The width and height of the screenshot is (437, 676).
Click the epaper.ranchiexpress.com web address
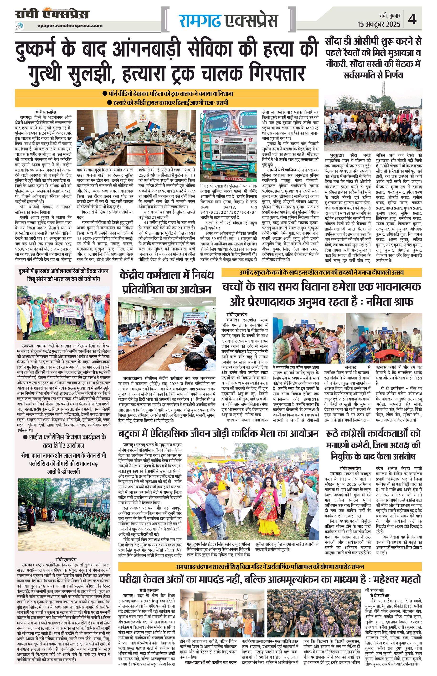(x=70, y=25)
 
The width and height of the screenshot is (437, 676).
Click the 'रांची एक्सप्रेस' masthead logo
(x=52, y=14)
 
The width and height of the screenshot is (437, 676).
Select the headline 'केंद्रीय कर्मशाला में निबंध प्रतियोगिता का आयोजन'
(x=167, y=282)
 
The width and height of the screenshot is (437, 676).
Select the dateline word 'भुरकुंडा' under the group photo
(x=337, y=155)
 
